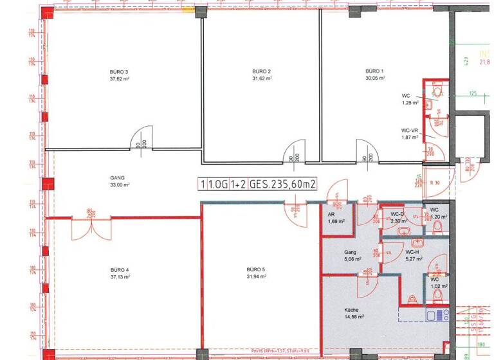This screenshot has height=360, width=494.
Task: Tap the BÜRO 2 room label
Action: coord(261,71)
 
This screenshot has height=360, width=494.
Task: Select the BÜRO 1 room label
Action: coord(374,70)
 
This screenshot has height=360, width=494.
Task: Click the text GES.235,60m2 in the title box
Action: coord(283,184)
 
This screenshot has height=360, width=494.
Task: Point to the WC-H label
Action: coord(413,252)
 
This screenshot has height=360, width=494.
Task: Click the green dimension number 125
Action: coord(472,94)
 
